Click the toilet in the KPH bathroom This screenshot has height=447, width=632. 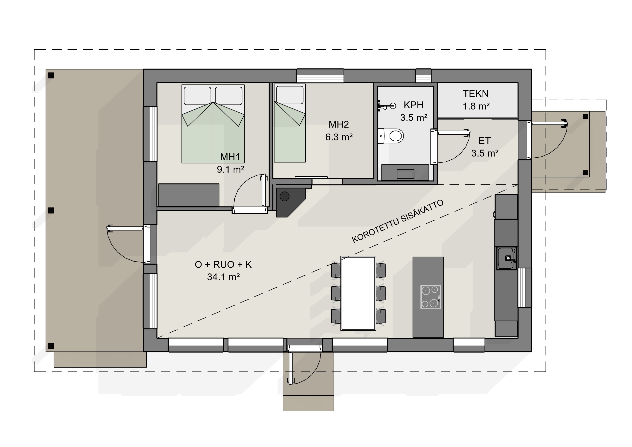pyautogui.click(x=391, y=136)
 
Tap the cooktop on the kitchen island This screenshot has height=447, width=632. pyautogui.click(x=431, y=297)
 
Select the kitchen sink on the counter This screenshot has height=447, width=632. pyautogui.click(x=506, y=258)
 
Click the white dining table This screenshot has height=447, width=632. pyautogui.click(x=358, y=293)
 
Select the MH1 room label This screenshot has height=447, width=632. pyautogui.click(x=230, y=157)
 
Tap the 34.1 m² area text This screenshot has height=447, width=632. pyautogui.click(x=223, y=277)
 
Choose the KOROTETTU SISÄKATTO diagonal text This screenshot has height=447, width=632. pyautogui.click(x=397, y=221)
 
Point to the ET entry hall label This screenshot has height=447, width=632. pyautogui.click(x=484, y=141)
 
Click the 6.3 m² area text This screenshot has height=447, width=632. pyautogui.click(x=339, y=137)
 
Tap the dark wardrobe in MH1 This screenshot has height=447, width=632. pyautogui.click(x=189, y=195)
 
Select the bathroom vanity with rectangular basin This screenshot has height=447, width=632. pyautogui.click(x=405, y=173)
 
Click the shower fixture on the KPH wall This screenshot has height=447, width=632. pyautogui.click(x=387, y=106)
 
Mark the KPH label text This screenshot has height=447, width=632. pyautogui.click(x=413, y=105)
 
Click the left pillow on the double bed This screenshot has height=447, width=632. pyautogui.click(x=197, y=96)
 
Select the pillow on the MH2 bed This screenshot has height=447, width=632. pyautogui.click(x=290, y=95)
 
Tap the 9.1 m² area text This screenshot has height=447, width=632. pyautogui.click(x=230, y=169)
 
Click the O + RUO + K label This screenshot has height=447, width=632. pyautogui.click(x=223, y=264)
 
